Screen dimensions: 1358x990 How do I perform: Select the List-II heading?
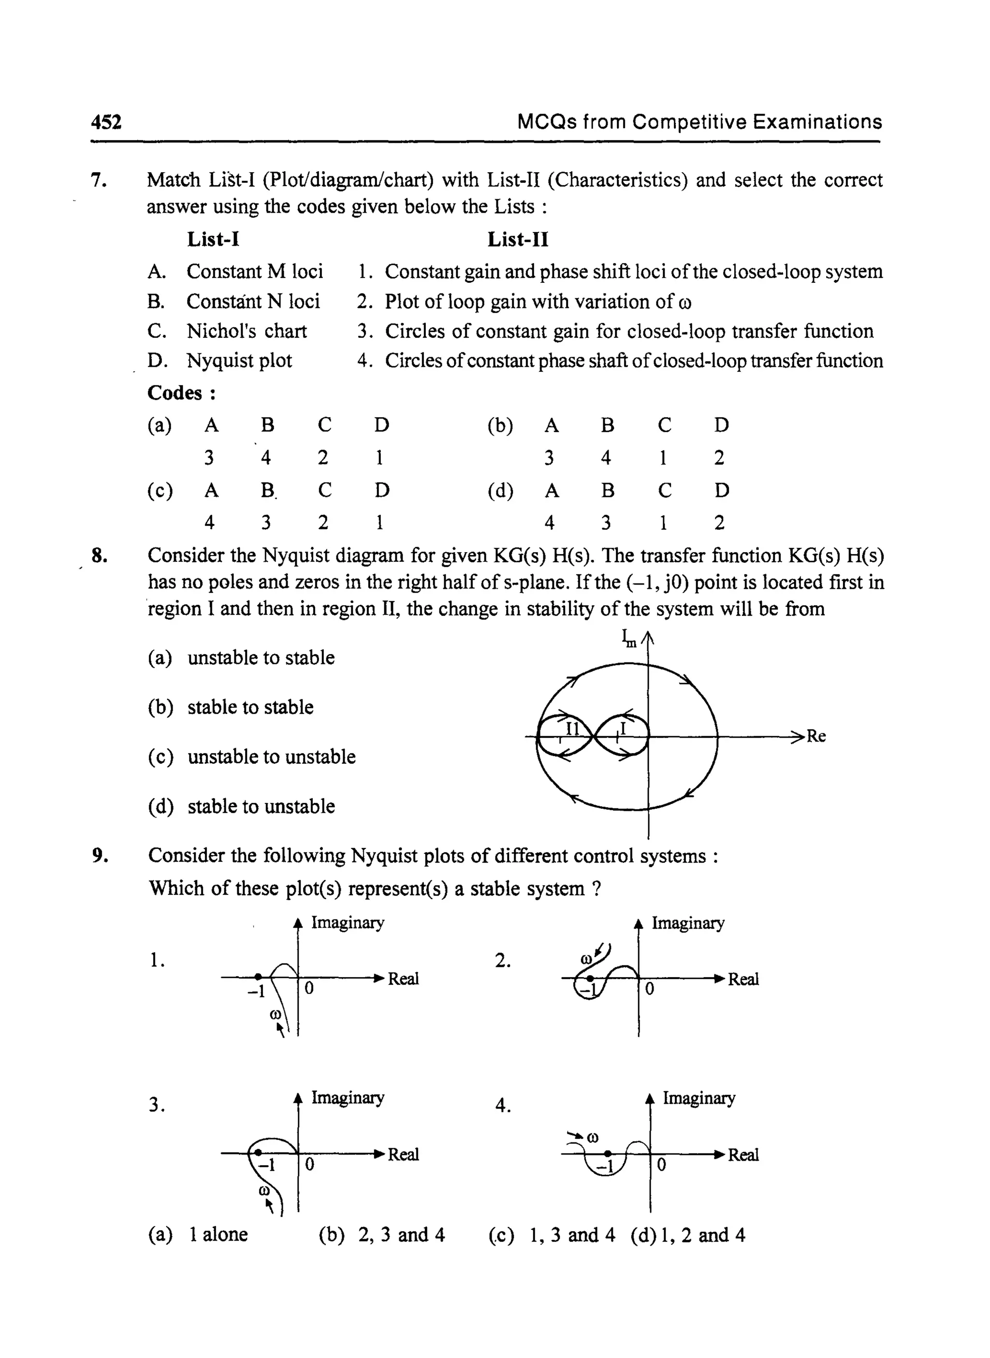coord(518,240)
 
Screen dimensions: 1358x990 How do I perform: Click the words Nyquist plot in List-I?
coord(239,361)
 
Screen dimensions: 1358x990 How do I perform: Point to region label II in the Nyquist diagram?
coord(573,729)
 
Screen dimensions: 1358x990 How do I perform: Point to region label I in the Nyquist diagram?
coord(623,729)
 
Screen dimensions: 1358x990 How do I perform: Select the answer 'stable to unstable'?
coord(261,807)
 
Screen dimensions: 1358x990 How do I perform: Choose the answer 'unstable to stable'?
coord(261,658)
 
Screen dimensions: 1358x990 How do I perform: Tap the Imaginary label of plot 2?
coord(688,923)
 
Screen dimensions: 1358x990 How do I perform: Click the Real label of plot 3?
coord(403,1154)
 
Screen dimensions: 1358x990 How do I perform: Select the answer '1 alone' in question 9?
coord(218,1235)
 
